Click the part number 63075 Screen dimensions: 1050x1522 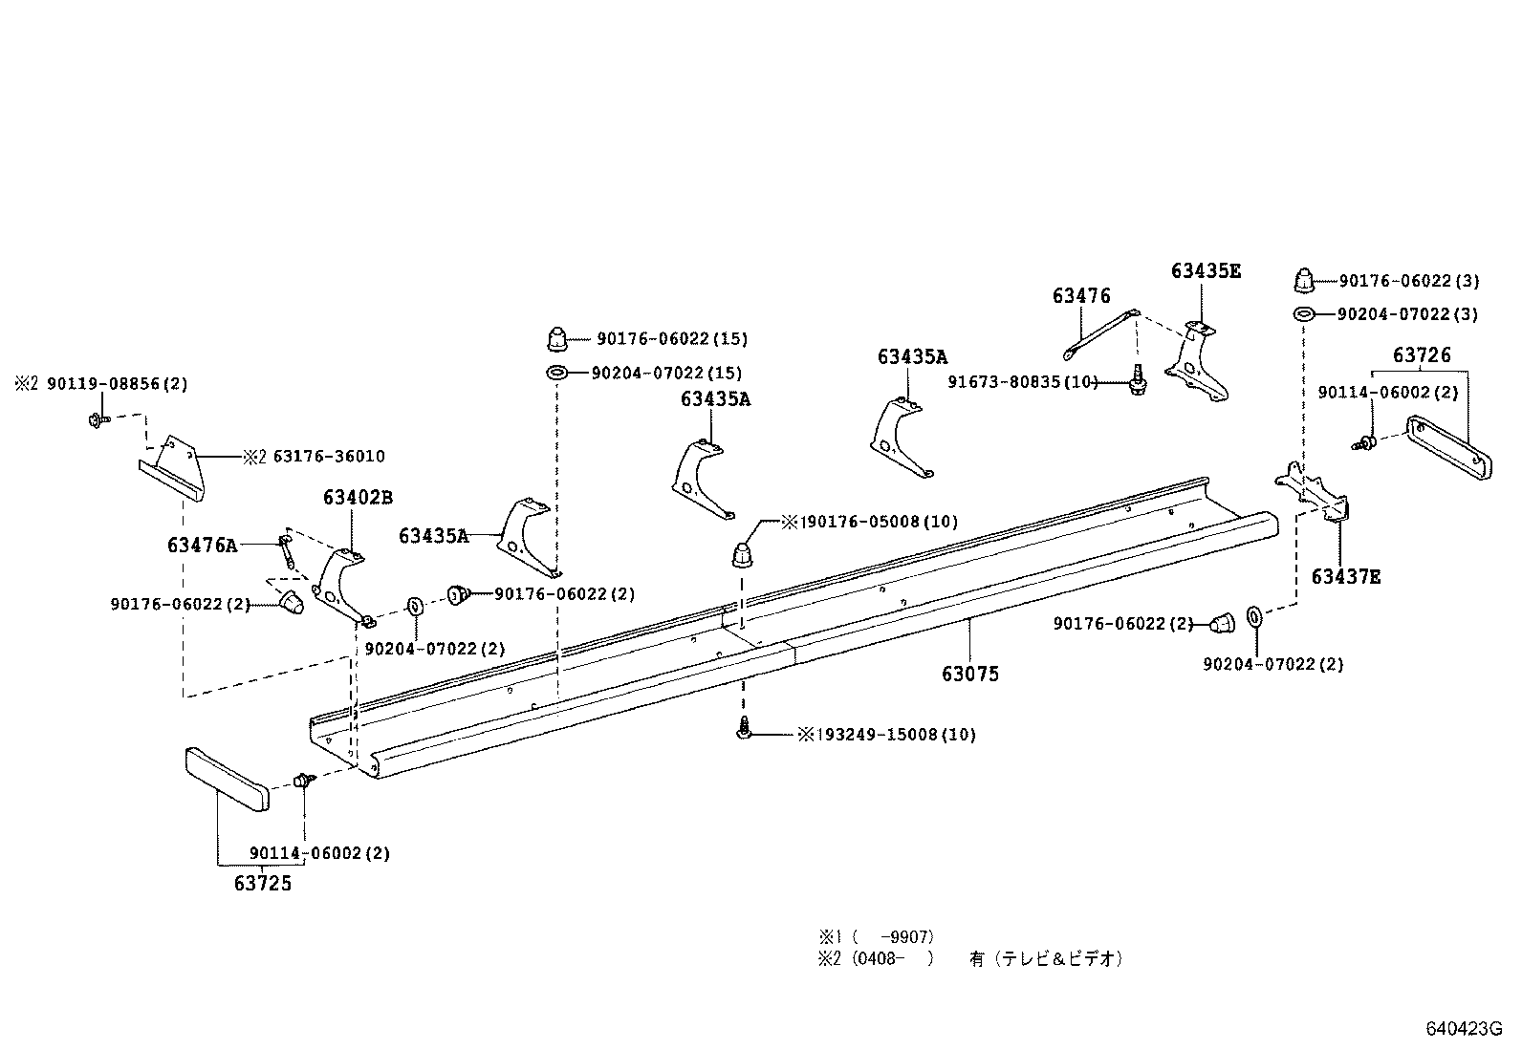click(x=969, y=674)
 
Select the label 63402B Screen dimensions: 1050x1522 click(x=358, y=498)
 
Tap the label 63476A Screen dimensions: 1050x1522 click(x=202, y=546)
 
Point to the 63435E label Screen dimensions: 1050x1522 click(x=1206, y=271)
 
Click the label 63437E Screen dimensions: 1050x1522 click(x=1345, y=577)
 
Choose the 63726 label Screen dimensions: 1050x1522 click(x=1422, y=355)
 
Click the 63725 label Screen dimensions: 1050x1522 click(x=262, y=884)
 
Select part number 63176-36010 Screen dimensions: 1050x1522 click(x=329, y=457)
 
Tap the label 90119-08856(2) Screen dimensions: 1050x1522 click(x=116, y=384)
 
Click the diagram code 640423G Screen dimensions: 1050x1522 click(x=1464, y=1029)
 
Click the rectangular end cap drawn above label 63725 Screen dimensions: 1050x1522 click(x=227, y=780)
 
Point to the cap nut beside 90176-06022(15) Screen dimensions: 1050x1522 click(x=557, y=338)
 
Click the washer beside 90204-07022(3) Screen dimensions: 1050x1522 click(x=1303, y=314)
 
